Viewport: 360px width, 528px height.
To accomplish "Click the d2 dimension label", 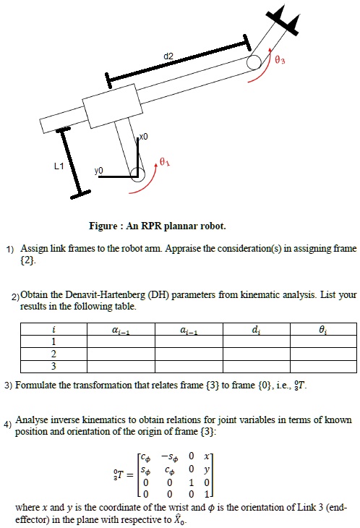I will (x=168, y=56).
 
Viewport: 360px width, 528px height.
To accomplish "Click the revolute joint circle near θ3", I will (x=254, y=63).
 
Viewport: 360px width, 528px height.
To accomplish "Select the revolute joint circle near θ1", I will (x=137, y=171).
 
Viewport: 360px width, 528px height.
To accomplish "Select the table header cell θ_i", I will (x=322, y=331).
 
